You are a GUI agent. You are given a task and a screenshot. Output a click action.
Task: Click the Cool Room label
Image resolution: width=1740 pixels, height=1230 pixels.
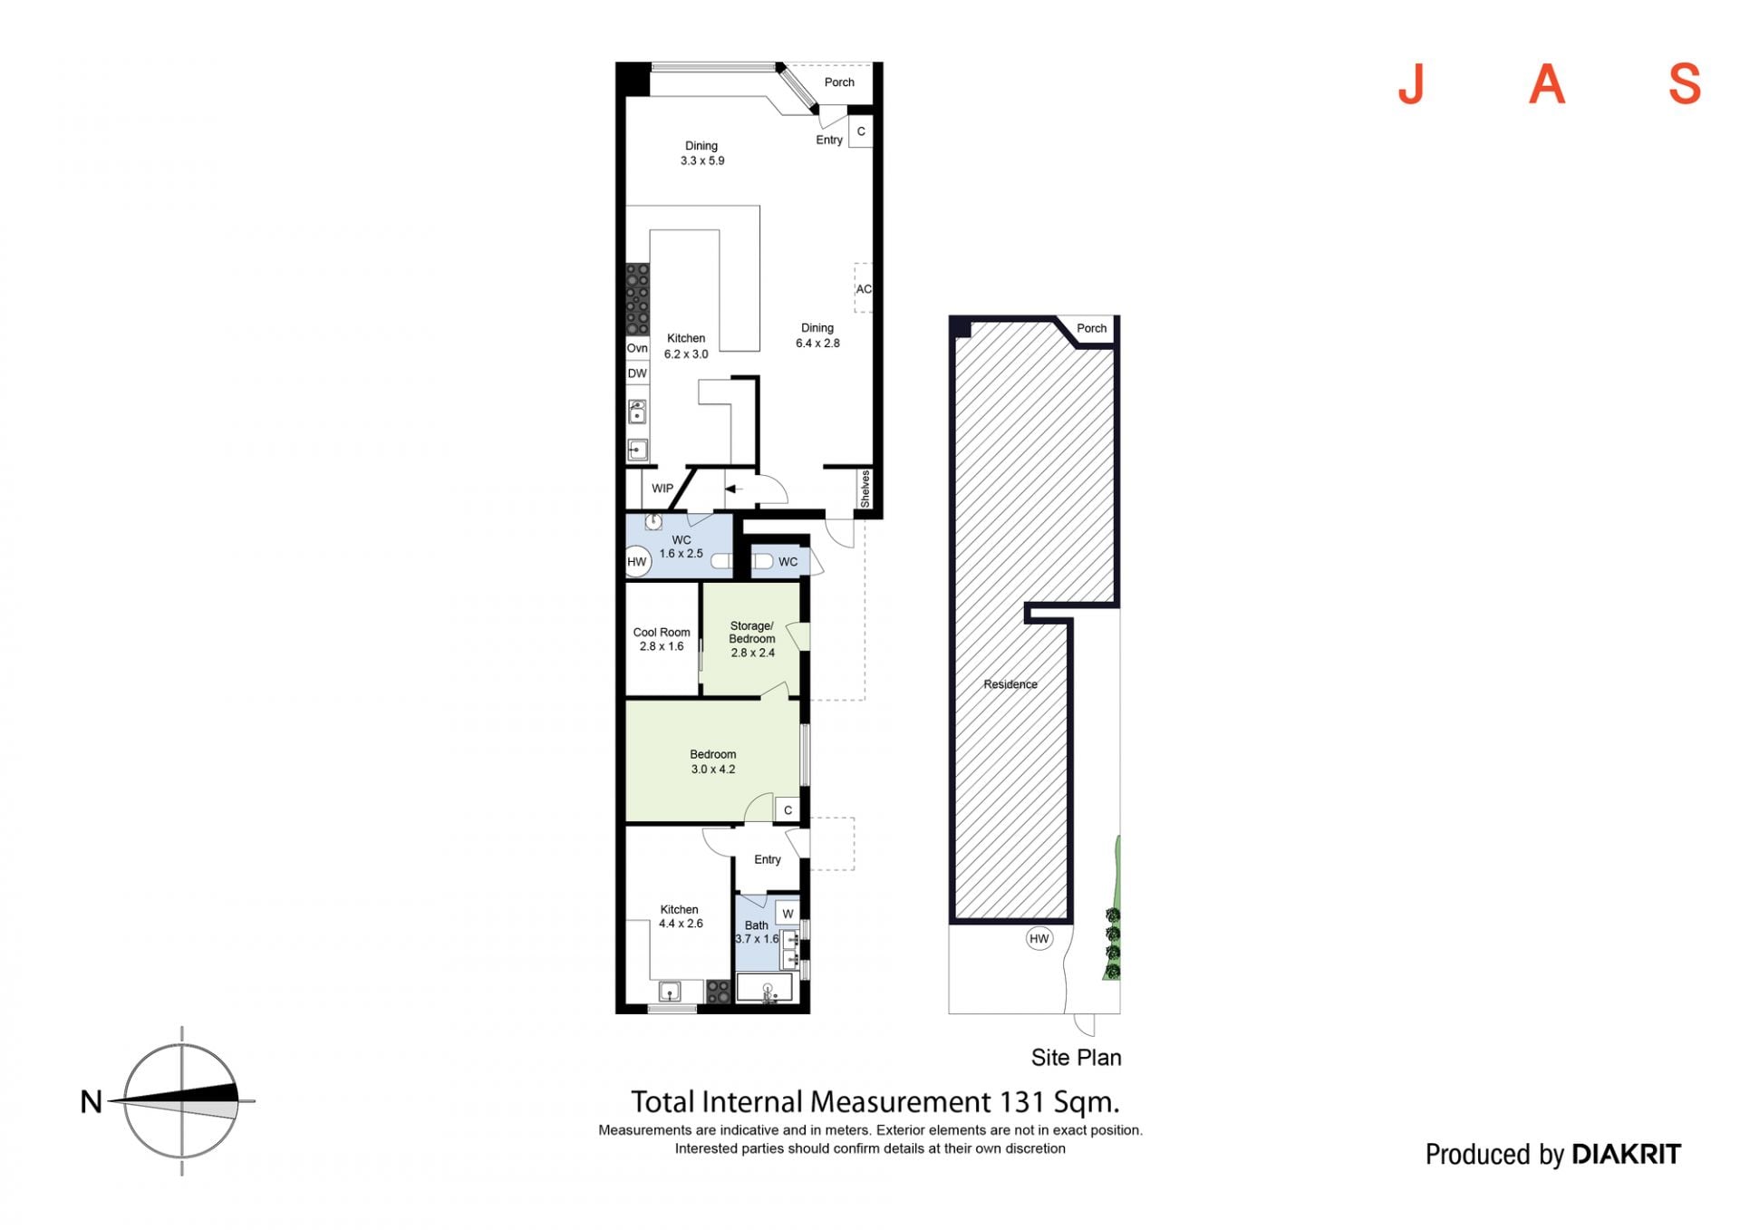[662, 633]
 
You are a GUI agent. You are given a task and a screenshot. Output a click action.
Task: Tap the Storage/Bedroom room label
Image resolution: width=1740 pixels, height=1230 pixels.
[752, 632]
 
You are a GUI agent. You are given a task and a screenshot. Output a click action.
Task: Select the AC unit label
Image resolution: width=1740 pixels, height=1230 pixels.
[864, 289]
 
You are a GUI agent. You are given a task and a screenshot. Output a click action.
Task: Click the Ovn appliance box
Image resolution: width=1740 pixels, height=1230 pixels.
[637, 348]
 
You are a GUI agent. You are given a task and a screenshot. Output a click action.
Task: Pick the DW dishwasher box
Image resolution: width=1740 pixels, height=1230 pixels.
[637, 373]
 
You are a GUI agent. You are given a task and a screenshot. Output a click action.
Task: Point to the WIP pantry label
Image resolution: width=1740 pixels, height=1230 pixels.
[662, 489]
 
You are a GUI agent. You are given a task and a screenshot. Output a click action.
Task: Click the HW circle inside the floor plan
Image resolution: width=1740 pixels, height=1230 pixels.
[637, 562]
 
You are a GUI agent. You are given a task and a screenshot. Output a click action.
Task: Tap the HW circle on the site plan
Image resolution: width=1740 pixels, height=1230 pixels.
[1039, 938]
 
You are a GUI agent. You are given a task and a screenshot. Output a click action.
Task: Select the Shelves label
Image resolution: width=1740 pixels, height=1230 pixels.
[865, 489]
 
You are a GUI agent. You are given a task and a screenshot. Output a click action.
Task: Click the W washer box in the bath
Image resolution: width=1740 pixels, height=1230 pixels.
[788, 914]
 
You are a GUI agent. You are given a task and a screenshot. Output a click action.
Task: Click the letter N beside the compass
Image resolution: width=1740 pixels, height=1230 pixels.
[92, 1101]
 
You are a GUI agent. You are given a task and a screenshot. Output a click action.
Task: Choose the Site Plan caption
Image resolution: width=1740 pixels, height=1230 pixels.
[1076, 1058]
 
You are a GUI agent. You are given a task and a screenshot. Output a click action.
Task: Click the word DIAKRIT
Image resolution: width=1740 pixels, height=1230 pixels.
[1626, 1154]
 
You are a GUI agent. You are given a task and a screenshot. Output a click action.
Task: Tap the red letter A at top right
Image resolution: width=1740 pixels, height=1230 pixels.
[1547, 84]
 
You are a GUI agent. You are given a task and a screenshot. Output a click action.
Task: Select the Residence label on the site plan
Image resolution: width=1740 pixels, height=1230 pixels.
[1010, 684]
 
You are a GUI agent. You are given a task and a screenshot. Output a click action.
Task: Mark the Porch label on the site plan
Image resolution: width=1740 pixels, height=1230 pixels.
[1091, 328]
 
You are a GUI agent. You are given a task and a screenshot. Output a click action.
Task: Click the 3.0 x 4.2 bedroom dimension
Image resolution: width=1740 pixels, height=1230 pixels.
[713, 770]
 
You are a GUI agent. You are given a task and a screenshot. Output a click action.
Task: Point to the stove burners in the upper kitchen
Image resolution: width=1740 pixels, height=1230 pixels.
[638, 299]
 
